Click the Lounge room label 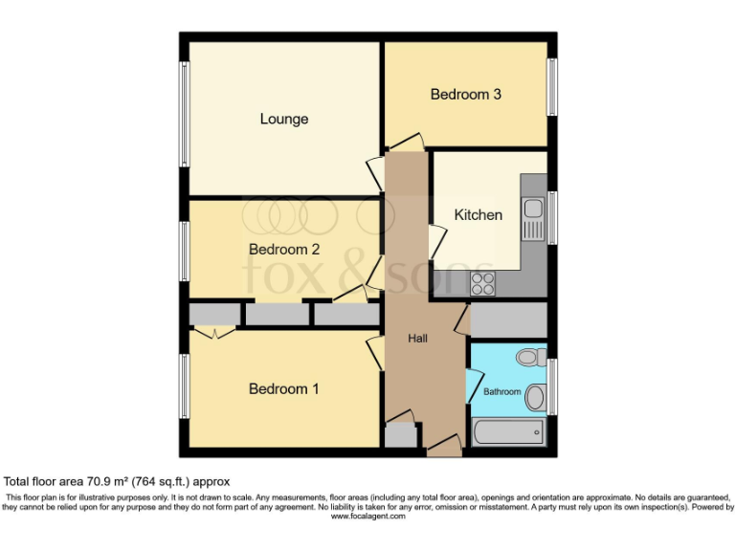[x=284, y=120]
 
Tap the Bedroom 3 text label [x=465, y=95]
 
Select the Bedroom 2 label [x=283, y=250]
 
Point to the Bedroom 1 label [x=283, y=389]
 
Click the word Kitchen [x=478, y=215]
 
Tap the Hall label [x=418, y=339]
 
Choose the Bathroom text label [x=501, y=392]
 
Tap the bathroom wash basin [x=536, y=396]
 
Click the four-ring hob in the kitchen [x=482, y=282]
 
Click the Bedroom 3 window [x=552, y=86]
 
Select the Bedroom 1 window [x=184, y=386]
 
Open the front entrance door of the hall [x=442, y=447]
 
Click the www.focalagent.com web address [x=368, y=516]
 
